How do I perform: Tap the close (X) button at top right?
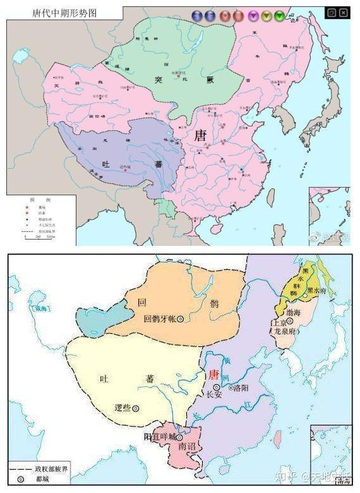[343, 12]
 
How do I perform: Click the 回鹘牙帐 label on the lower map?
[160, 319]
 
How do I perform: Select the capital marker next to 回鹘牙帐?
[181, 319]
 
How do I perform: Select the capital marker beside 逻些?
[136, 408]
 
